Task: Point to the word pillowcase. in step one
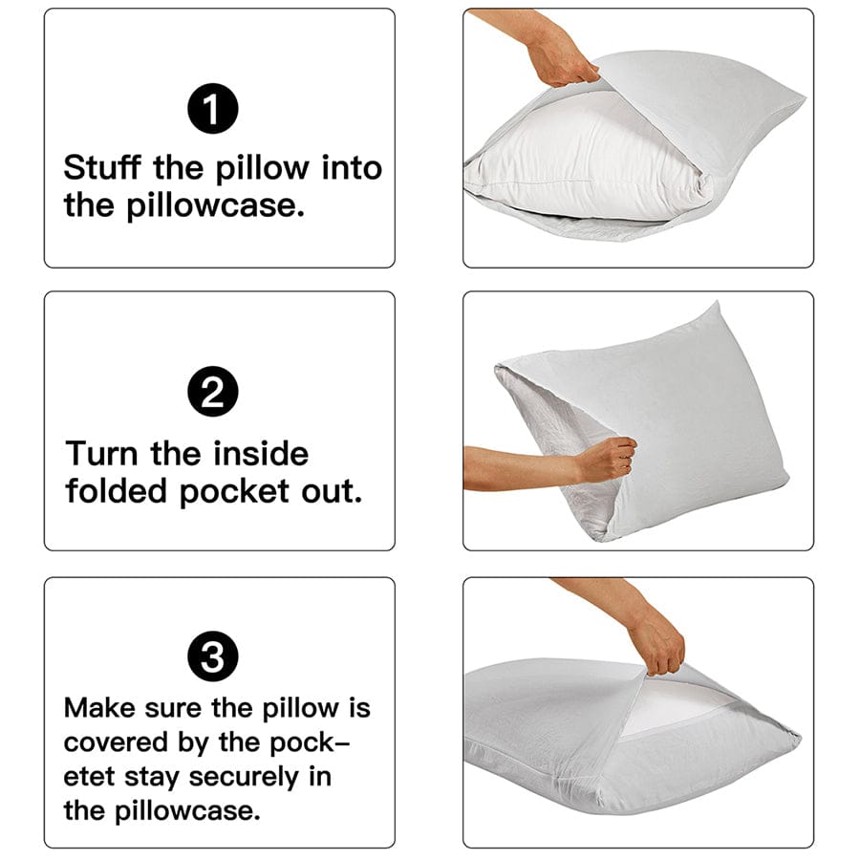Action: pyautogui.click(x=216, y=205)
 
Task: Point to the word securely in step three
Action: pyautogui.click(x=242, y=776)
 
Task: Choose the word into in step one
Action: pyautogui.click(x=351, y=168)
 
